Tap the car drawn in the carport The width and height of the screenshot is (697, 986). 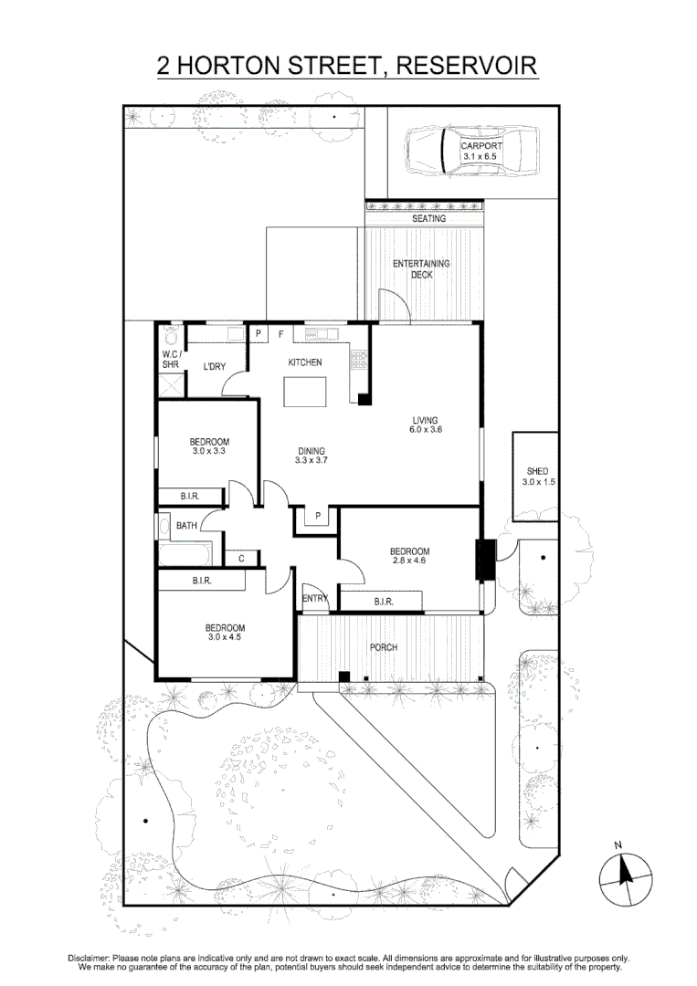click(470, 151)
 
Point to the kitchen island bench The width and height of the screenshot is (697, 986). click(305, 392)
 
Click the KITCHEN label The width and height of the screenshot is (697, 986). click(305, 362)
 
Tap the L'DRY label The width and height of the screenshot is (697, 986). click(214, 367)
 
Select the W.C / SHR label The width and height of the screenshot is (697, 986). click(170, 359)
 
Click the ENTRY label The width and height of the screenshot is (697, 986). click(314, 598)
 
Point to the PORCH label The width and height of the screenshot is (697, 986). click(384, 647)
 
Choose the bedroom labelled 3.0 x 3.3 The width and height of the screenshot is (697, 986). click(209, 446)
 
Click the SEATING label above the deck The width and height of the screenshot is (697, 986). click(428, 219)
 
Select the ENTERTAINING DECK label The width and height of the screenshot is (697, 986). click(421, 269)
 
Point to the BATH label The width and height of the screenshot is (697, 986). click(186, 526)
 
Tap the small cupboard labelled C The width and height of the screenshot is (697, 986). click(241, 558)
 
